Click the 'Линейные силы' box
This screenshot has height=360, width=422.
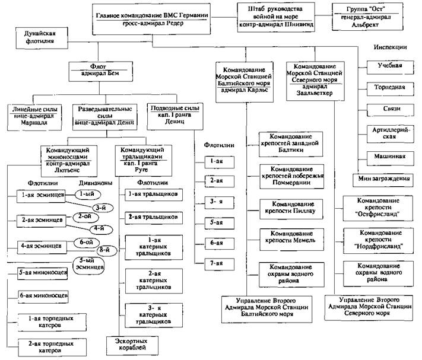tap(33, 113)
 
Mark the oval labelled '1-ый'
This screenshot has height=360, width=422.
tap(88, 194)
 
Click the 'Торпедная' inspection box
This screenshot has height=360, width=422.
tap(389, 87)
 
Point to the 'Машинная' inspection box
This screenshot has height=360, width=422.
tap(389, 157)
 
